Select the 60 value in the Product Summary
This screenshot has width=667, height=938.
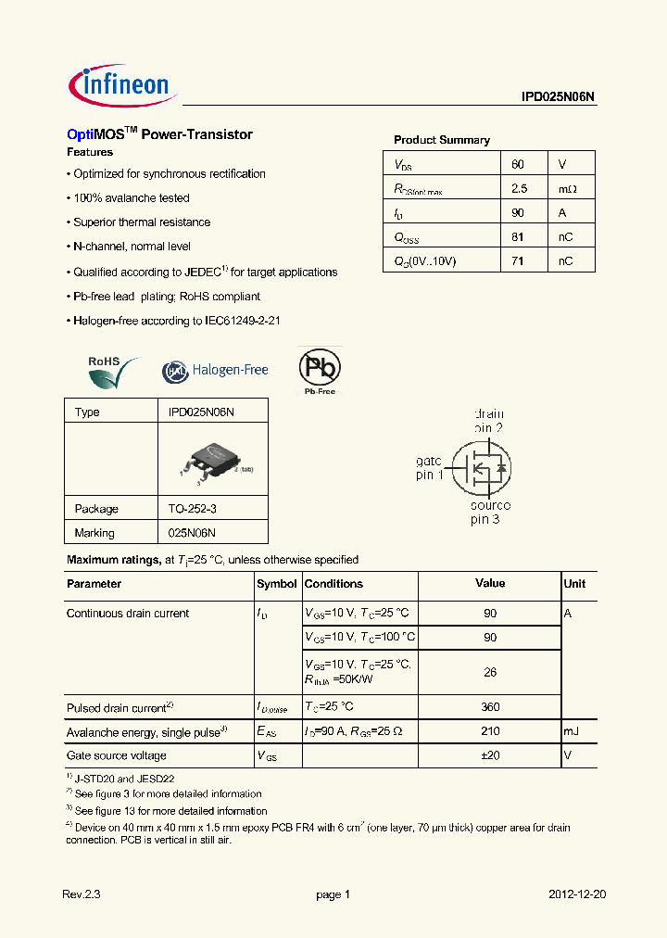click(518, 164)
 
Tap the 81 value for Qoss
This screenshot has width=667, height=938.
click(518, 237)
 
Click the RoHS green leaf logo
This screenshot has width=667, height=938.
click(112, 373)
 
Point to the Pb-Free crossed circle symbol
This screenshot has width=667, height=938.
click(319, 368)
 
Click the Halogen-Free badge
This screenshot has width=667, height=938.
click(215, 371)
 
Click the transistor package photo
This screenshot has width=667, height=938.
click(212, 462)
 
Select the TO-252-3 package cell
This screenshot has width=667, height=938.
click(192, 509)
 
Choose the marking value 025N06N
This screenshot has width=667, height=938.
click(192, 533)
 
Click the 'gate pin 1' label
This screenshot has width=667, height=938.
click(429, 467)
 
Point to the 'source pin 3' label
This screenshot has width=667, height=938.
click(489, 513)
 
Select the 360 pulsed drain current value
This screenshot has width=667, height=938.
click(490, 706)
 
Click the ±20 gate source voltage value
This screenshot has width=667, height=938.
click(490, 755)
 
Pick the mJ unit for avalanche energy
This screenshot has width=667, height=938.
click(571, 731)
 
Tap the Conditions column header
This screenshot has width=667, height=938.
click(333, 584)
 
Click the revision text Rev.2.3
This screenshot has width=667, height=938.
click(81, 894)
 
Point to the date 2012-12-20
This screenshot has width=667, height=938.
click(577, 894)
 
